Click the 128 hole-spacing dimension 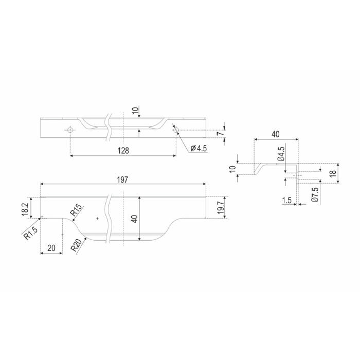pos(123,151)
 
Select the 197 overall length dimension pos(122,180)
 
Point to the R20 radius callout pos(77,245)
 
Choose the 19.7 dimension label pos(221,207)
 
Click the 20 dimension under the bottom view pos(51,248)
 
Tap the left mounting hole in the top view pos(70,130)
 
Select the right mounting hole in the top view pos(176,130)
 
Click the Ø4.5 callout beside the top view pos(199,148)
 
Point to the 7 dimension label pos(220,133)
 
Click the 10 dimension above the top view pos(135,111)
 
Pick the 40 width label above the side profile pos(276,134)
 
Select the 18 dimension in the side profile pos(333,173)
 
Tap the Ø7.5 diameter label pos(315,195)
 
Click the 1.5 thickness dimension pos(287,200)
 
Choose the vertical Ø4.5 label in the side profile pos(281,154)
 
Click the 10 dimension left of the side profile pos(232,169)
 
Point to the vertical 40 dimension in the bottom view pos(135,219)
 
